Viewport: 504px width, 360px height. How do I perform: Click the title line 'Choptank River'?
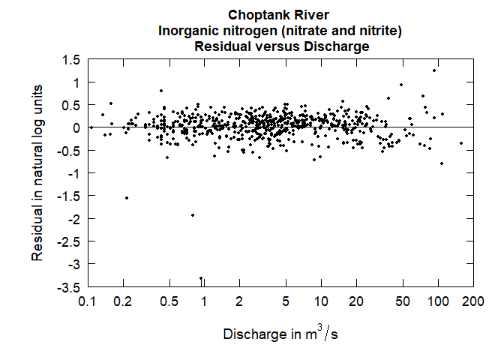tap(278, 15)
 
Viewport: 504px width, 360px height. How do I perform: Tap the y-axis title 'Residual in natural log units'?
tap(37, 172)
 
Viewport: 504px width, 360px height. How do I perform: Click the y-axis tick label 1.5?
tap(71, 59)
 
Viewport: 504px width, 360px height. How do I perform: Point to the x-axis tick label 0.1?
tap(88, 301)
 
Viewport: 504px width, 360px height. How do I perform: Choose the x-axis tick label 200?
tap(472, 301)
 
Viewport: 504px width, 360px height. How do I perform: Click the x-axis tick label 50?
tap(403, 301)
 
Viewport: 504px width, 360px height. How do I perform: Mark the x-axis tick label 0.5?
tap(169, 301)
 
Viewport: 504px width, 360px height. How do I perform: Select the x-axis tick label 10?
tap(321, 301)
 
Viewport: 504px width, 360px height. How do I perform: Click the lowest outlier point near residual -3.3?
tap(200, 278)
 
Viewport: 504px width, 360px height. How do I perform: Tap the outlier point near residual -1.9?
tap(193, 215)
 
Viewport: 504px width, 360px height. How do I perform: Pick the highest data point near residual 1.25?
tap(434, 70)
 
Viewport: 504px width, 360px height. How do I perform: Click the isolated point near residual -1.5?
tap(126, 198)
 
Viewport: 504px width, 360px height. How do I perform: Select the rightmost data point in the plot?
tap(460, 143)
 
